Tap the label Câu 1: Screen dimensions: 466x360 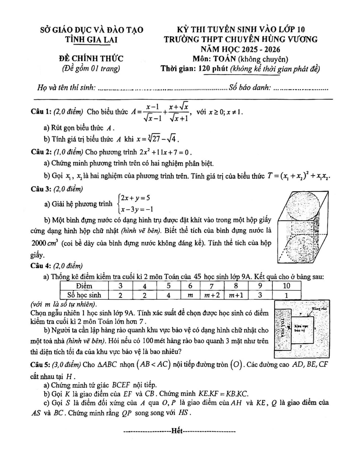41,112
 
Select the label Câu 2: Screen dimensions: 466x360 41,152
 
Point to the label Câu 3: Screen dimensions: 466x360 41,189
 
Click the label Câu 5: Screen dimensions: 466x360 41,364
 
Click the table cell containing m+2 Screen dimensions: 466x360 212,295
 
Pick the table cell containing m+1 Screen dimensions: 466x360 236,295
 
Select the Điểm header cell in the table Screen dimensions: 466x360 84,286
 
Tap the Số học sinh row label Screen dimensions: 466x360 84,295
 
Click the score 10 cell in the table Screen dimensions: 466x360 286,286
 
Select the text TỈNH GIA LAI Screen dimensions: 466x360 91,40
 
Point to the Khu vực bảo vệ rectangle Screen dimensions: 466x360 302,329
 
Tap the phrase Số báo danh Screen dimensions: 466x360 250,88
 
